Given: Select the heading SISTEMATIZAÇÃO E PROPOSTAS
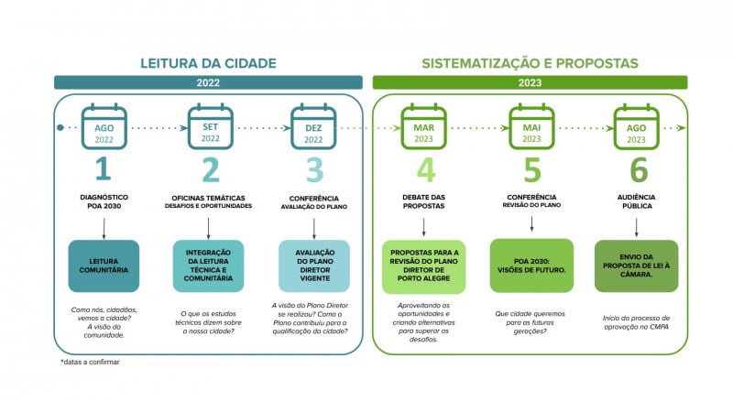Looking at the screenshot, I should [530, 64].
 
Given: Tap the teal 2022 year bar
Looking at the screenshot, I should [209, 82].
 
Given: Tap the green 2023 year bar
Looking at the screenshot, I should [530, 82].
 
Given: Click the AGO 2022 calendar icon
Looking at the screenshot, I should [104, 127].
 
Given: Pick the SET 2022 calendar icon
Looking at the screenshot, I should [210, 127].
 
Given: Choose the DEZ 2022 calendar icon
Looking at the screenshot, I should [314, 127].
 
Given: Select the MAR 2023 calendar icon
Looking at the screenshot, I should [423, 127].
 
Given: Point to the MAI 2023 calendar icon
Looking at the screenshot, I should [531, 127].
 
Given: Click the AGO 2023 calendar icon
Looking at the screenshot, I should [636, 127].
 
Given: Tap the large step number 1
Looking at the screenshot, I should [104, 170].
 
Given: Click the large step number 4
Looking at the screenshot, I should [424, 170].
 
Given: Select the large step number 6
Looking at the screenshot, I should [638, 170].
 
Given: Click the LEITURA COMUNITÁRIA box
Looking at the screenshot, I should [104, 266].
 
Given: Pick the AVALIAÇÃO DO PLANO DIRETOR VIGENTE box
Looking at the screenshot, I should [314, 266].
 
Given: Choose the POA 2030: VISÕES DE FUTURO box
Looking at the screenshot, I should [531, 266].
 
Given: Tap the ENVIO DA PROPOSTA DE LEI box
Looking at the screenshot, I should [637, 266].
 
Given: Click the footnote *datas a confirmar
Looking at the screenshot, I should [90, 362].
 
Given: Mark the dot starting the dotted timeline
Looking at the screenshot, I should [60, 127].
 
